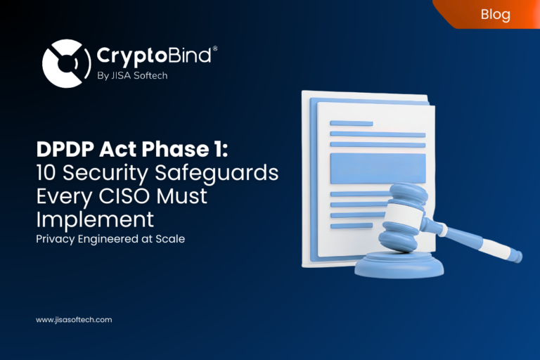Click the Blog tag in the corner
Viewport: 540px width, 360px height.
click(496, 14)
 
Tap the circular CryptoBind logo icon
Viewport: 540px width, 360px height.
click(66, 63)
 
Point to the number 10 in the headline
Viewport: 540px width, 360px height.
click(47, 172)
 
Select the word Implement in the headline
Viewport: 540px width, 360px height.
click(95, 219)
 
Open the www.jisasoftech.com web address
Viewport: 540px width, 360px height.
click(74, 320)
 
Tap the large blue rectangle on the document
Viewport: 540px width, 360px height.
click(378, 168)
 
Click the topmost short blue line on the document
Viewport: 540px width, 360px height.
click(351, 123)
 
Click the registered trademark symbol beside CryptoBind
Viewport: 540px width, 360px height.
click(215, 49)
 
